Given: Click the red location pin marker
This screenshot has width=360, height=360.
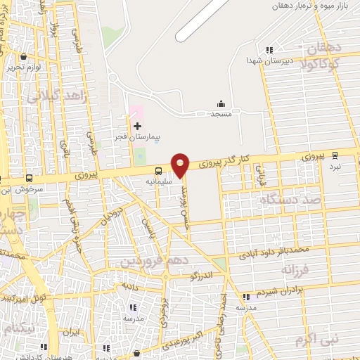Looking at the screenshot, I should click(x=181, y=164).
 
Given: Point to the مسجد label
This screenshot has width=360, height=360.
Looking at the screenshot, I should click(x=221, y=114).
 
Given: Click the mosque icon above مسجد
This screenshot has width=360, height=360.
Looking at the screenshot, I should click(x=221, y=103).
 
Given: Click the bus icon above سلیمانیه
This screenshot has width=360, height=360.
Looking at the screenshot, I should click(x=157, y=170).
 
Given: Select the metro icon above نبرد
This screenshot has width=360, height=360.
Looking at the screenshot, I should click(x=335, y=156).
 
